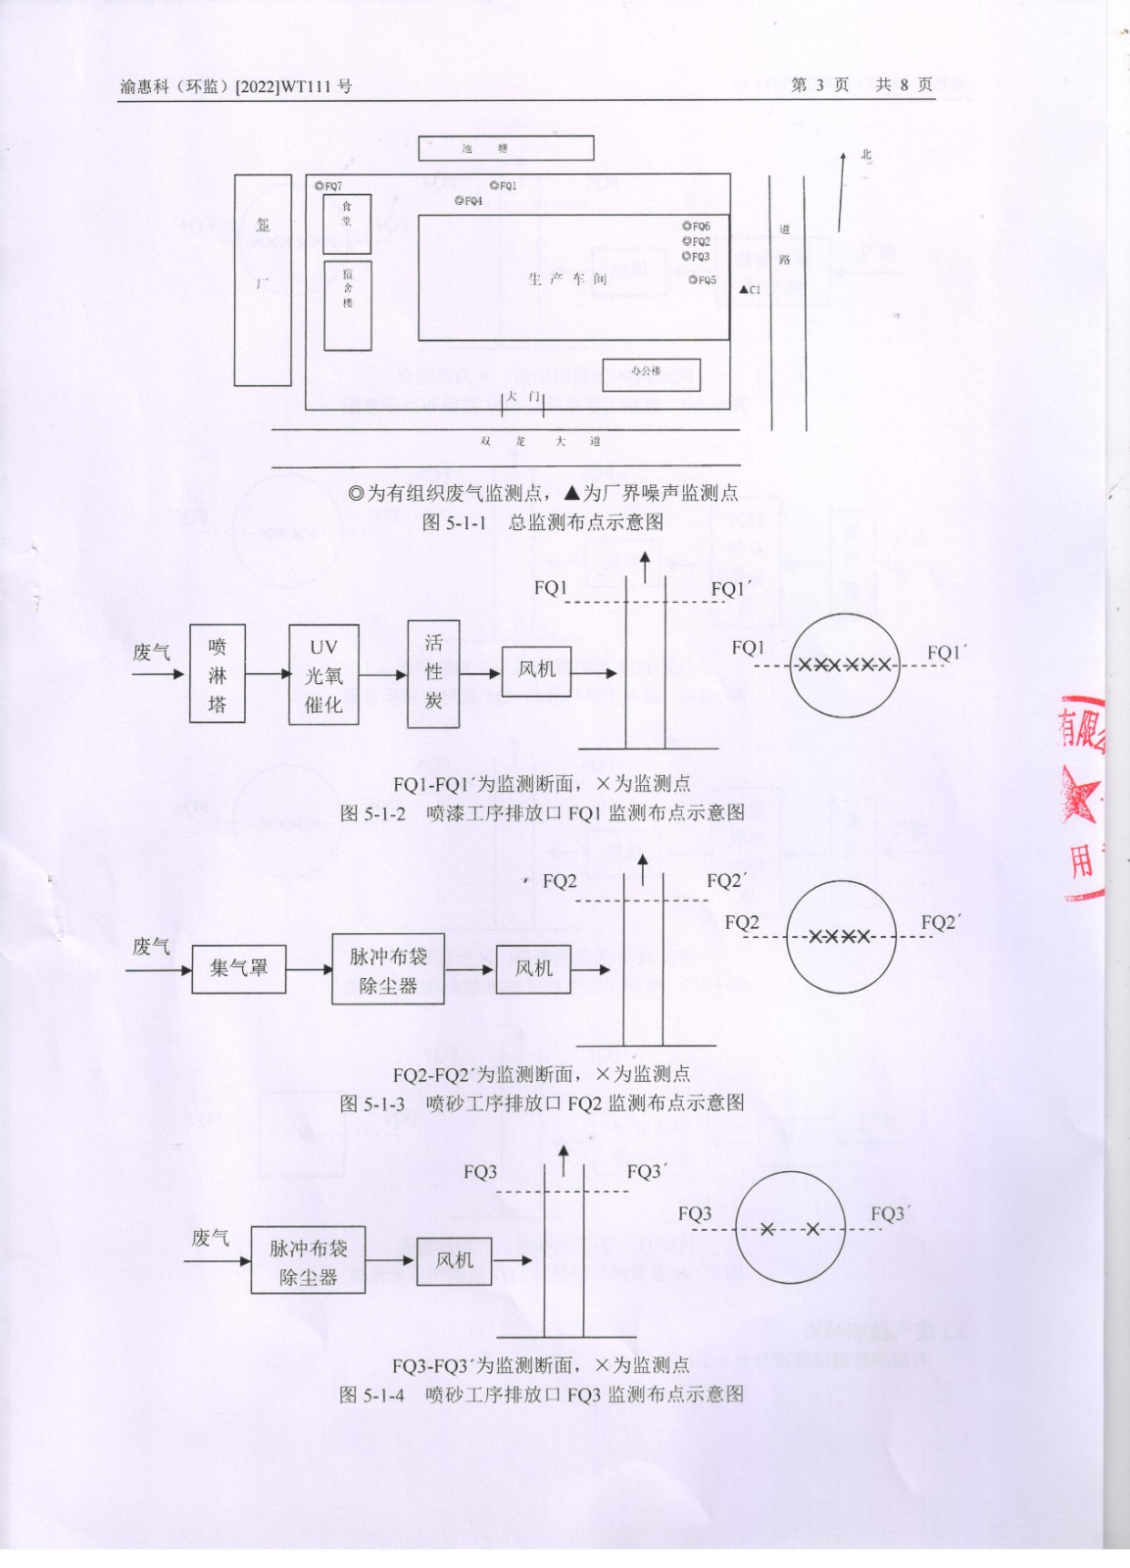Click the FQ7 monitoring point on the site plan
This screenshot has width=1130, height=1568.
pos(319,185)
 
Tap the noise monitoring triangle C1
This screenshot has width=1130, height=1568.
pos(744,290)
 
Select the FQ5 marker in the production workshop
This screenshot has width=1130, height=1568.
pos(692,280)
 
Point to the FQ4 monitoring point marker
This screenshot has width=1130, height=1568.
pos(459,201)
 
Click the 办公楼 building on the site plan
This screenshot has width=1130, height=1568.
pos(650,372)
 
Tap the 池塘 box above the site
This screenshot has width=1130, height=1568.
pos(506,149)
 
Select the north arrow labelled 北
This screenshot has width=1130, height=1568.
pos(841,192)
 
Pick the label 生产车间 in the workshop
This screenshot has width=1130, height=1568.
pos(567,279)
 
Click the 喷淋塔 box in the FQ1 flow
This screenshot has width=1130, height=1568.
pos(218,674)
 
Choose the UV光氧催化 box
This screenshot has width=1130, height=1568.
pos(323,675)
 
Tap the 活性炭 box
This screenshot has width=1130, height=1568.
pos(433,673)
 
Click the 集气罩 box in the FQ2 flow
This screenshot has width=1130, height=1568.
pos(238,969)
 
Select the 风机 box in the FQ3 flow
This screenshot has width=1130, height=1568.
pos(454,1260)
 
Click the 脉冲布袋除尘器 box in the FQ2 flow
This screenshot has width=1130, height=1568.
pos(388,970)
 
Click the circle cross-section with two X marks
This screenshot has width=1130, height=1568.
pos(790,1229)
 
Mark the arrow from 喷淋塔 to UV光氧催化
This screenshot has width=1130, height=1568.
pos(268,674)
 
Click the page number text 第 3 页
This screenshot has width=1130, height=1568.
pos(819,85)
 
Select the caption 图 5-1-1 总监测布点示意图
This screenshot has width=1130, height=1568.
pos(542,522)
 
